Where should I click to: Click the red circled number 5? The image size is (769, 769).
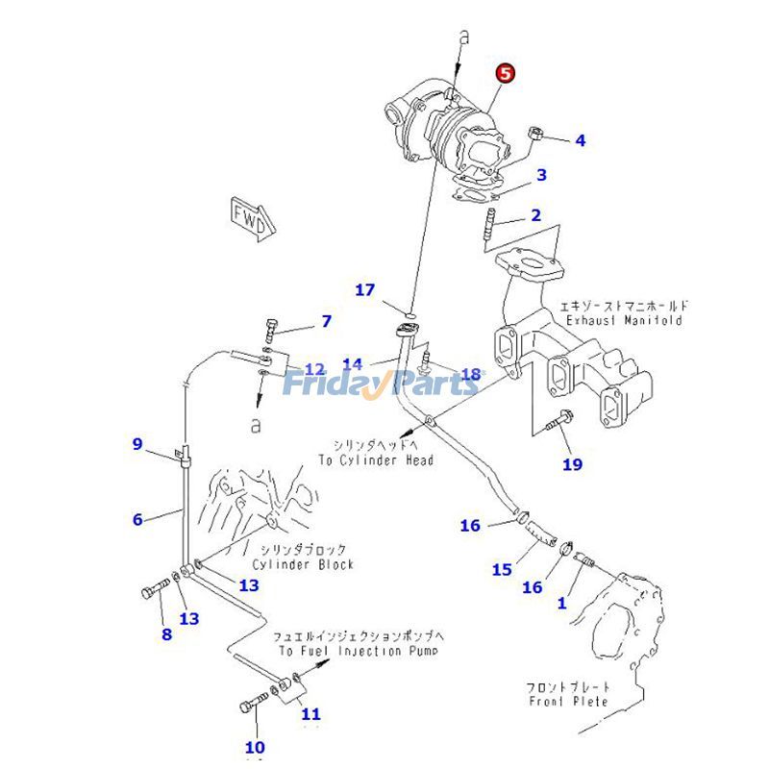[506, 74]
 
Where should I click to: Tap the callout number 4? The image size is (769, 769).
[580, 140]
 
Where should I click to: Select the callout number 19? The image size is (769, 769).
[572, 464]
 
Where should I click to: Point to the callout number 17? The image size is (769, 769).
[365, 289]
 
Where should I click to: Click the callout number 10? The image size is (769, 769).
[255, 747]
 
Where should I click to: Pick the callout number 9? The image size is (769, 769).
[137, 443]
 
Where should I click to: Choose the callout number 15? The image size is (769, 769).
[502, 569]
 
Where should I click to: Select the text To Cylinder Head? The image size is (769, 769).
[377, 460]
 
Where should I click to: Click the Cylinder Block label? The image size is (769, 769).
[304, 564]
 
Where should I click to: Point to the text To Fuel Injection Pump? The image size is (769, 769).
[358, 651]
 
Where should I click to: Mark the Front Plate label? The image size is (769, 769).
[568, 702]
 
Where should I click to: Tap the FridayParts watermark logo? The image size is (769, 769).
[380, 384]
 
